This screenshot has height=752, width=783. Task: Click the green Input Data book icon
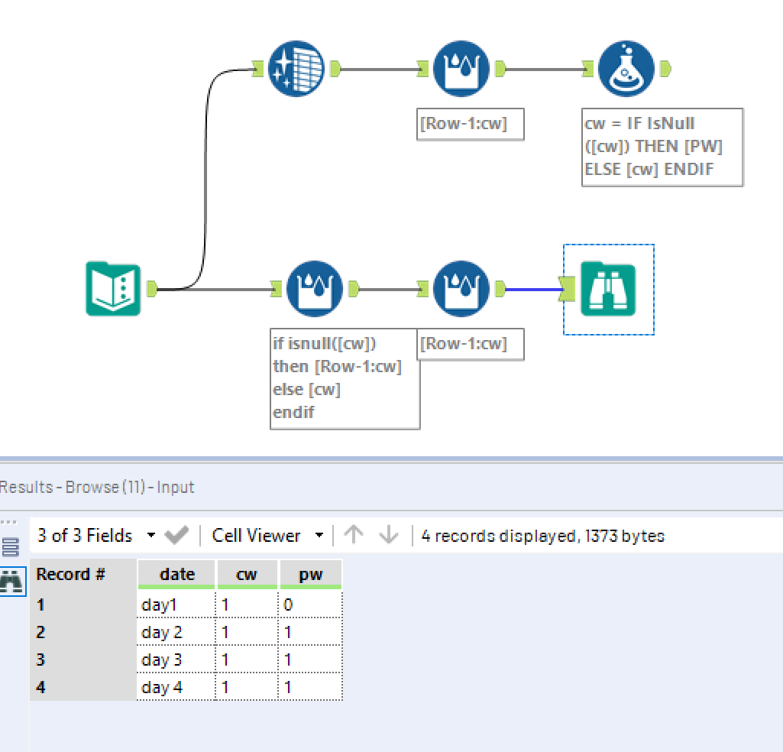(113, 289)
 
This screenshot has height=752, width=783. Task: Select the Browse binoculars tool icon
(608, 289)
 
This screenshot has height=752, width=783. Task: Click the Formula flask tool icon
(626, 70)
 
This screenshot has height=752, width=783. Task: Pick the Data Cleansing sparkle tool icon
(296, 70)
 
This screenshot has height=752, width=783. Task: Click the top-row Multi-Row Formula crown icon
(461, 70)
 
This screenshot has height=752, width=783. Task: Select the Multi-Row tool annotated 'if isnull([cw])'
(315, 289)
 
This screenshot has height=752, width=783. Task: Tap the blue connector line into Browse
(533, 290)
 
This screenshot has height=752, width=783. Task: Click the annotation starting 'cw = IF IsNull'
(662, 147)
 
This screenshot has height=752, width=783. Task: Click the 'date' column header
(176, 575)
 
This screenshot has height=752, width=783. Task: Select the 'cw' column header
(246, 575)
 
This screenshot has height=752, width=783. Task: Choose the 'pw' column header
(310, 575)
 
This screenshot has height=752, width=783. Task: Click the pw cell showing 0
(310, 605)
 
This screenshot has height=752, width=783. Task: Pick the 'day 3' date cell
(176, 660)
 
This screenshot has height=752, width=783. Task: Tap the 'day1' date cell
(176, 605)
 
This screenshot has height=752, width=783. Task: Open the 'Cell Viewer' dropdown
(267, 536)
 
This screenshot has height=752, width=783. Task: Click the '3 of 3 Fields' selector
(96, 536)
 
